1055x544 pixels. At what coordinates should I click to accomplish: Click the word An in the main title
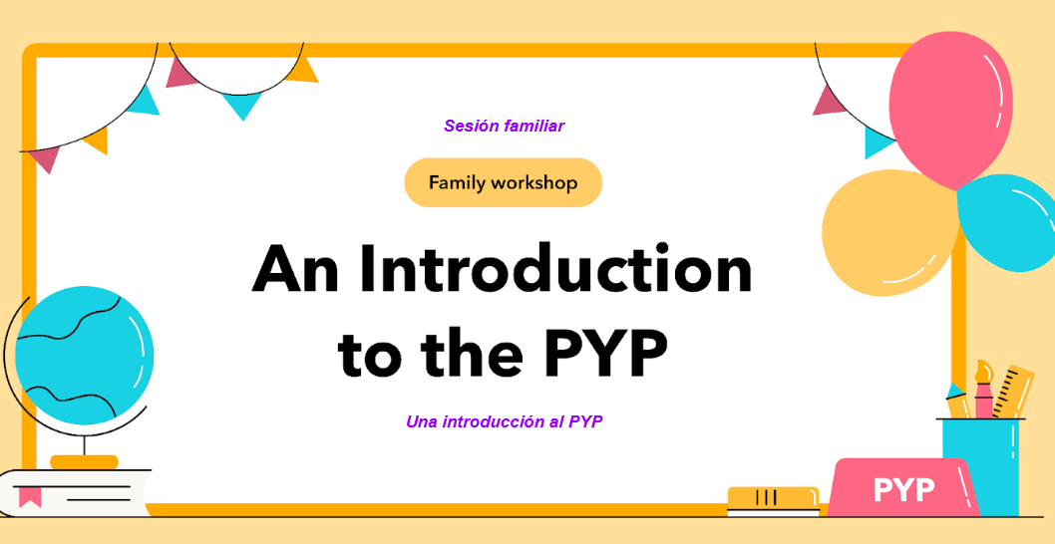coord(296,270)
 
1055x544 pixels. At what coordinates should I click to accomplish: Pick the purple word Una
coord(421,421)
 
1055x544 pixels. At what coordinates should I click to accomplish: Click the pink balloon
coord(950,105)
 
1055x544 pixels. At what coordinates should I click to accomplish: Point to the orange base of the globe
coord(84,462)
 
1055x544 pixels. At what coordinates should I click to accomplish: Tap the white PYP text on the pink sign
coord(903,490)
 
